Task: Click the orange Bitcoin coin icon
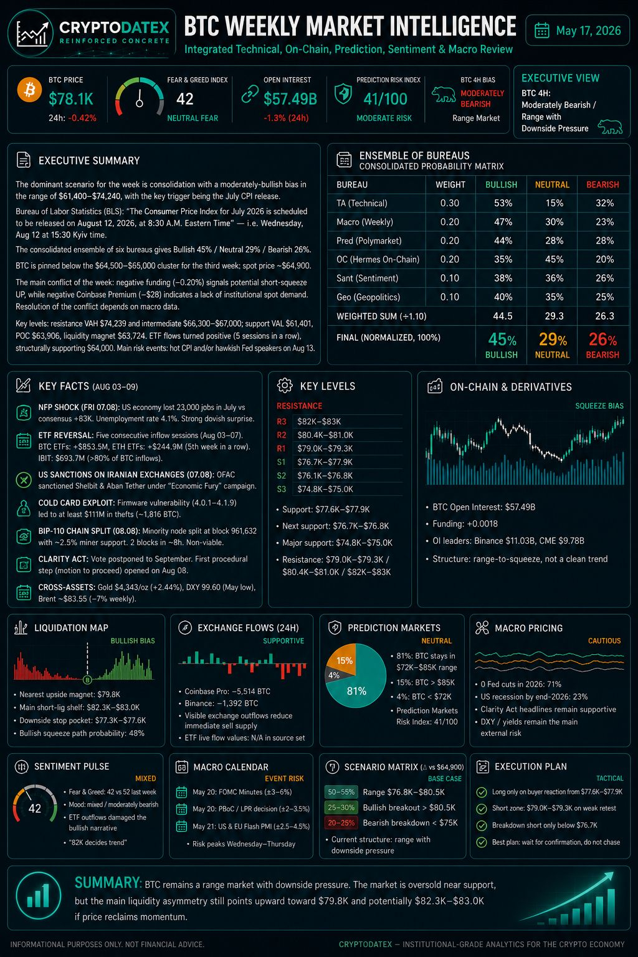29,90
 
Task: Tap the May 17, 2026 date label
588,31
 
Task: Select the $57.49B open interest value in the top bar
290,99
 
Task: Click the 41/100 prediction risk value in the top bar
385,99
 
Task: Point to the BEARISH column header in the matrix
602,184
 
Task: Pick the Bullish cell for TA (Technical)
503,203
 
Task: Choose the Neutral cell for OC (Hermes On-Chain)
554,259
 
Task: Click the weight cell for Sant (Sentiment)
450,278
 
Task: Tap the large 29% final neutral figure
553,340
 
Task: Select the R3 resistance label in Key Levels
281,422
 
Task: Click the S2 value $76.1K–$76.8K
325,475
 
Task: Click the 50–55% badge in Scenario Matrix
341,792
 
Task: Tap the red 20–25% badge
341,823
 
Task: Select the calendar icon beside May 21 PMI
181,826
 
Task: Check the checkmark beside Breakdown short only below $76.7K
482,826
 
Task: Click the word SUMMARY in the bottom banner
108,883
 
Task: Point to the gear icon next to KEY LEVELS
285,386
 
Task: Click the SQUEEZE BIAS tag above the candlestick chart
599,406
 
